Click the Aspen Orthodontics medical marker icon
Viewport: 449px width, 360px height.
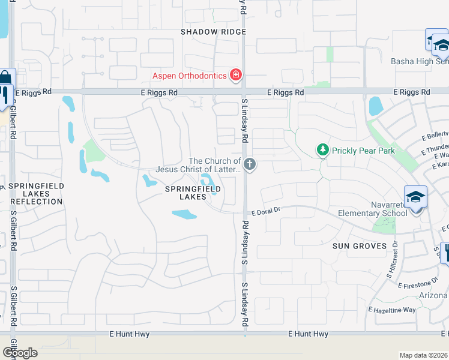(237, 75)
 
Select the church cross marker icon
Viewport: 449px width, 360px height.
(250, 164)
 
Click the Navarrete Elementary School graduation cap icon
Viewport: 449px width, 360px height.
(415, 196)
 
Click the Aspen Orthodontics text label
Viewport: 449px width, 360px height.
(189, 76)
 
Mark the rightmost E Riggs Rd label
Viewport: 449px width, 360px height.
(412, 92)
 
